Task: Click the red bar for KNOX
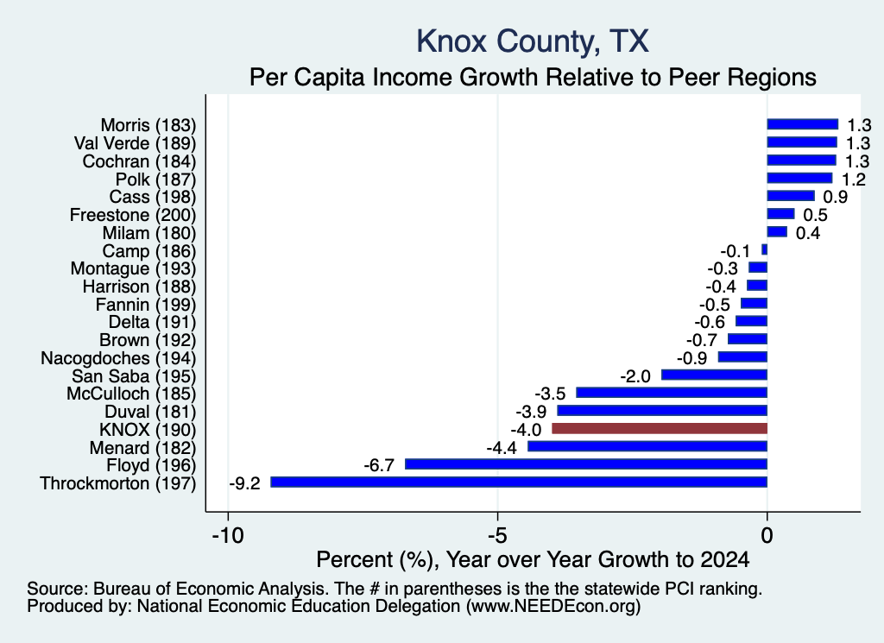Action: [x=659, y=428]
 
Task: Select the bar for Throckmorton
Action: [x=519, y=482]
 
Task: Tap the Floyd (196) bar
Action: [x=586, y=463]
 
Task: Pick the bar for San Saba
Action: [x=714, y=375]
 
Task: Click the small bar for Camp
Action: [x=765, y=249]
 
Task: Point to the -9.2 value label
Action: [x=244, y=483]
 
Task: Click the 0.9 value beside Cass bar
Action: [x=836, y=197]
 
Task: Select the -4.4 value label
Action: [x=502, y=448]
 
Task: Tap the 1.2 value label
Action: [x=854, y=180]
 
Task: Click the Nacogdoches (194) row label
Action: [x=118, y=358]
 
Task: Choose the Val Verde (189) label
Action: [x=136, y=143]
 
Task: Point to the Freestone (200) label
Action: [x=133, y=215]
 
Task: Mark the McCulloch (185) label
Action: [x=131, y=394]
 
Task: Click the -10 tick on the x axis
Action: [x=228, y=535]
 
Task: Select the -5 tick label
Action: [x=497, y=535]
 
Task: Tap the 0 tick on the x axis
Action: [x=767, y=535]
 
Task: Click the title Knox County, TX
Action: [x=533, y=41]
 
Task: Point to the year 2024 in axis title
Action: [x=725, y=559]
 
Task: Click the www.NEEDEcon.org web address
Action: [x=553, y=607]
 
